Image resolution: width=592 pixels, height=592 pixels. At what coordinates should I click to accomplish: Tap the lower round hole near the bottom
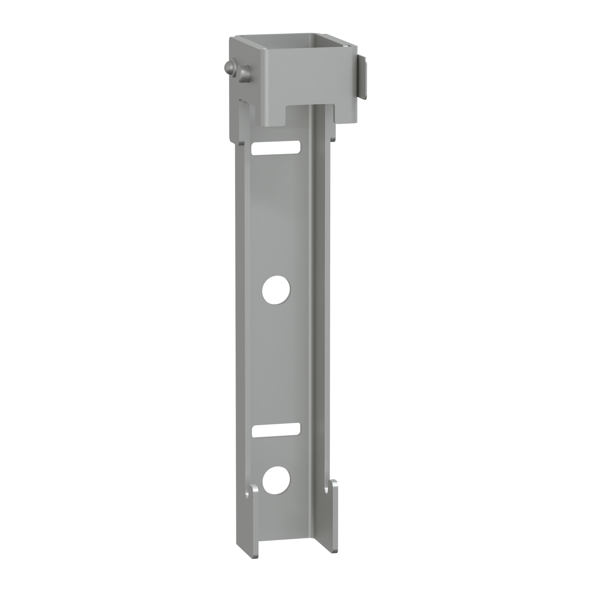coord(276,480)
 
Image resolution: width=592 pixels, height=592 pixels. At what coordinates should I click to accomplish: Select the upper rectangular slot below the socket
coord(277,148)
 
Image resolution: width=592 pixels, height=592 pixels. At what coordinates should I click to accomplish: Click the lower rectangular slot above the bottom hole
coord(277,430)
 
